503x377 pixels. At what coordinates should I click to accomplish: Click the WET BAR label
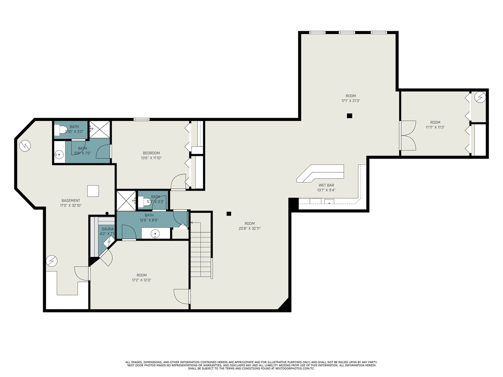pyautogui.click(x=326, y=185)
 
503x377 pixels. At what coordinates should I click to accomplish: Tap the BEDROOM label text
pyautogui.click(x=151, y=153)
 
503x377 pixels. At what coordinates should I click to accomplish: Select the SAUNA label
pyautogui.click(x=108, y=229)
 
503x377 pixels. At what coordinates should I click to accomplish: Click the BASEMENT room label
pyautogui.click(x=71, y=200)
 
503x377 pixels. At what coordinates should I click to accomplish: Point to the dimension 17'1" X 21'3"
pyautogui.click(x=351, y=101)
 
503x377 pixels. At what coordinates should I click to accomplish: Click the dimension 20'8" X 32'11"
pyautogui.click(x=250, y=228)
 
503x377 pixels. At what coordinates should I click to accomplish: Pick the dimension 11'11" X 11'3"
pyautogui.click(x=435, y=127)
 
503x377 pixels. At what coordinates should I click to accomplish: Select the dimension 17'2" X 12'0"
pyautogui.click(x=141, y=280)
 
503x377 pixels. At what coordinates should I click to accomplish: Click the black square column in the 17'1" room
pyautogui.click(x=349, y=116)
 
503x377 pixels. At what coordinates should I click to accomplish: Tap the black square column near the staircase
pyautogui.click(x=229, y=214)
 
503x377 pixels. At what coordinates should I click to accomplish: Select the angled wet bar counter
pyautogui.click(x=320, y=173)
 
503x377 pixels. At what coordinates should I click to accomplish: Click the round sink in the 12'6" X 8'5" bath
pyautogui.click(x=155, y=233)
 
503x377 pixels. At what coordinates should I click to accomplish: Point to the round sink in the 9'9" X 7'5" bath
pyautogui.click(x=59, y=155)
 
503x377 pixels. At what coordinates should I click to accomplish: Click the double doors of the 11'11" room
pyautogui.click(x=408, y=135)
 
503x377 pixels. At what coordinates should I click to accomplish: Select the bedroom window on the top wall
pyautogui.click(x=141, y=119)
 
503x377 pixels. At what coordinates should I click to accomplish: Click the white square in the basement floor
pyautogui.click(x=93, y=191)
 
